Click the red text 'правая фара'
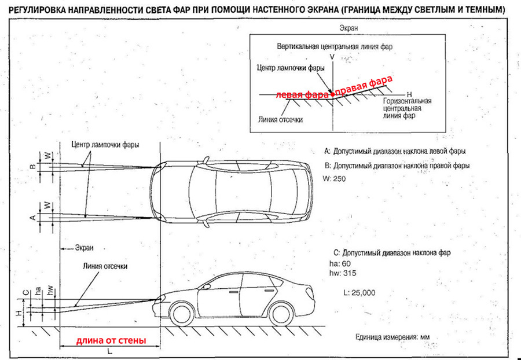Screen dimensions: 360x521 pos(365,85)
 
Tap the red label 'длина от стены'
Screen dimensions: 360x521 pos(111,340)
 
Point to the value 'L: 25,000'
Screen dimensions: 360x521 pos(359,293)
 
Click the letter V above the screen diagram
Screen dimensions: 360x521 pos(332,57)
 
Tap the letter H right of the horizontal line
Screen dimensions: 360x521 pos(409,93)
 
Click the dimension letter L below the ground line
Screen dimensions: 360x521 pos(110,351)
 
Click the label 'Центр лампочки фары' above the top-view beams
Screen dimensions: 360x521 pos(105,144)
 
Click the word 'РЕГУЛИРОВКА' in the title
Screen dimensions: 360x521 pos(38,10)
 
